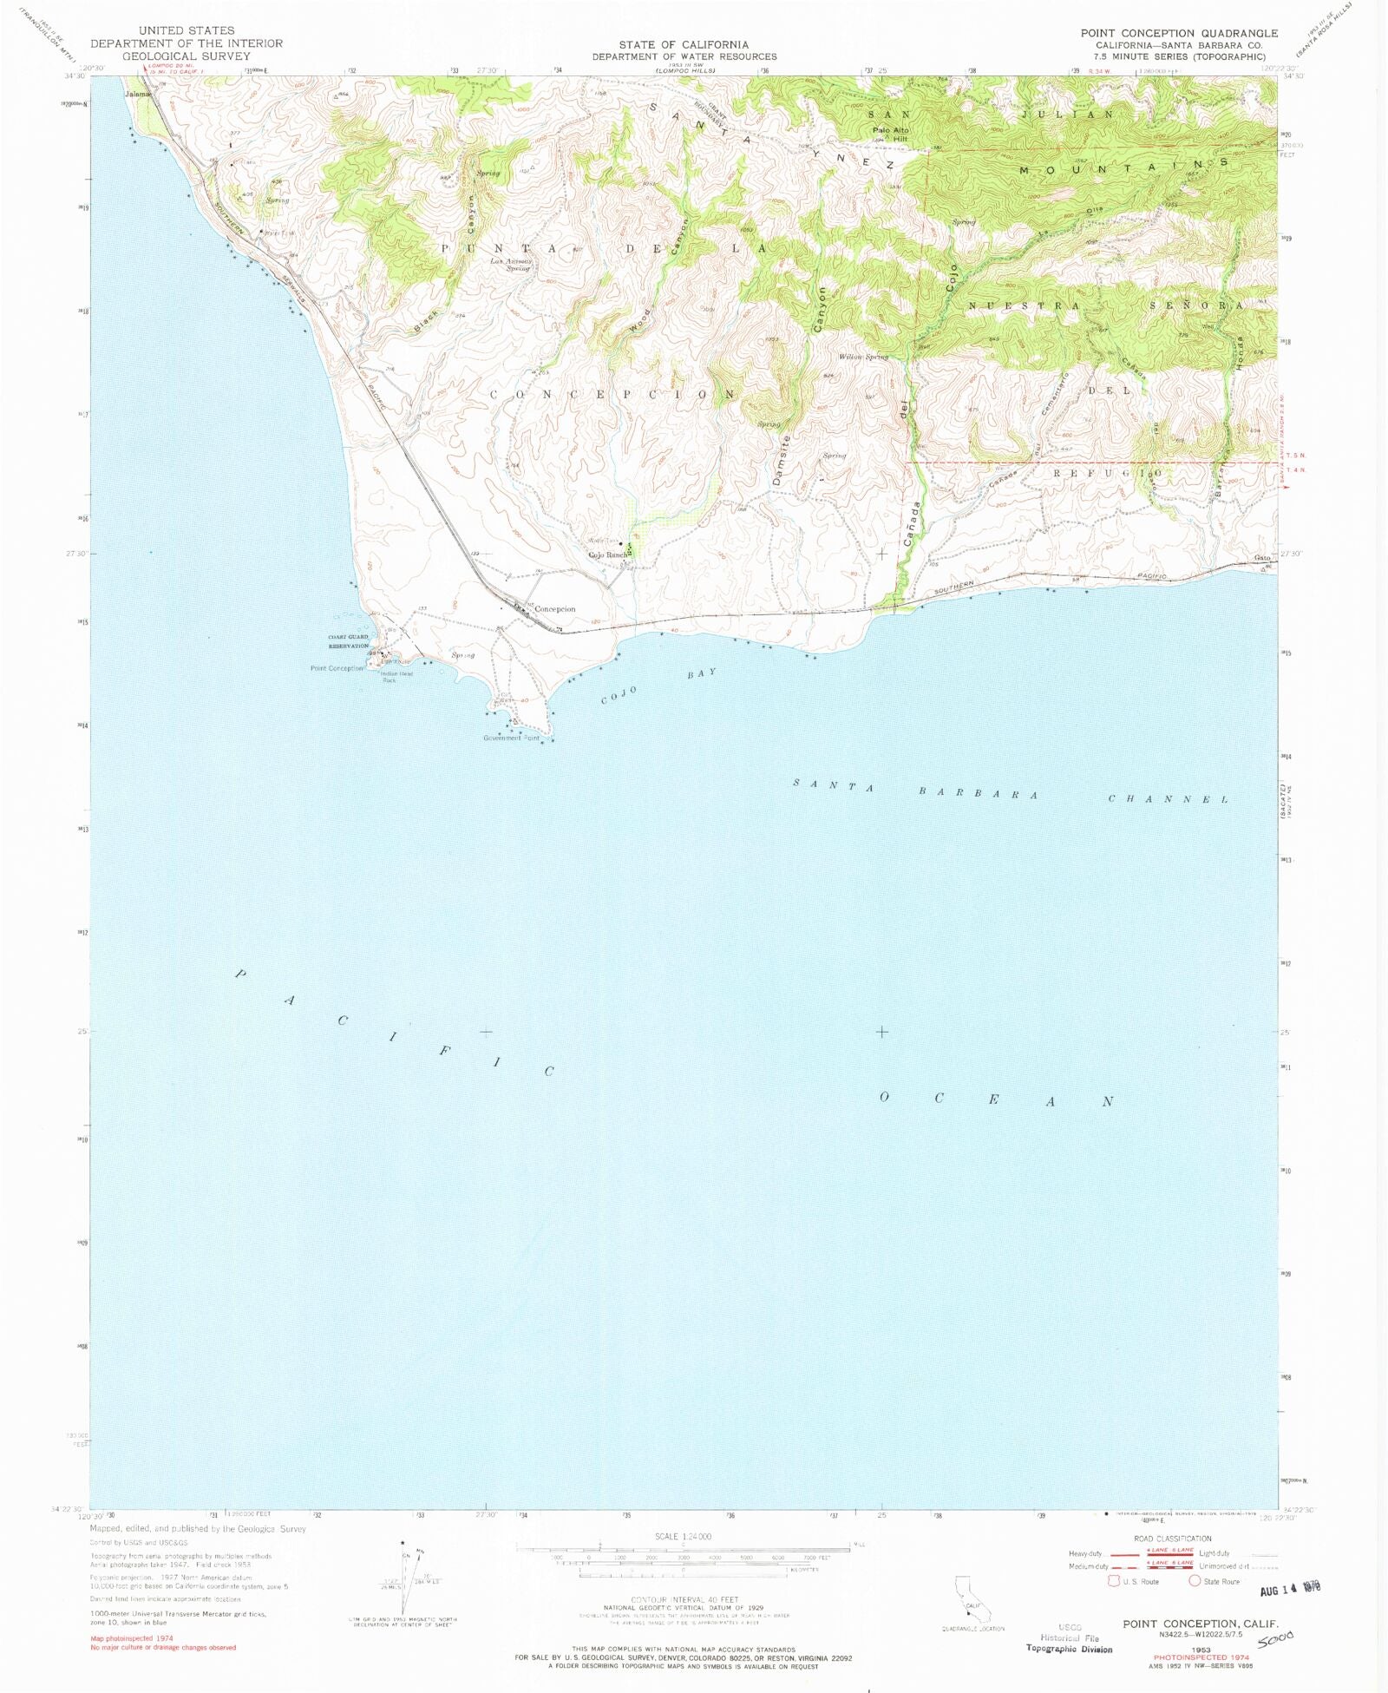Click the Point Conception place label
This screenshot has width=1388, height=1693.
click(337, 668)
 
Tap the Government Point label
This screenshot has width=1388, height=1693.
click(511, 738)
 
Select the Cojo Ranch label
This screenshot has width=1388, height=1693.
click(608, 555)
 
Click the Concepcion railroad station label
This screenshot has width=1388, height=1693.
click(554, 609)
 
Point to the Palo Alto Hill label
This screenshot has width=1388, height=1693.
click(890, 135)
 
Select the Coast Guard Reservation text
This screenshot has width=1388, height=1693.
click(348, 641)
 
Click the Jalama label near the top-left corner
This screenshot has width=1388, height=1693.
click(137, 94)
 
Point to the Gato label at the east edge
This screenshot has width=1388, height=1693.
click(1261, 558)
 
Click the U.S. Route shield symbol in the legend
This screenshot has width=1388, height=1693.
click(1113, 1581)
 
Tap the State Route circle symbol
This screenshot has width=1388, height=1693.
click(1194, 1581)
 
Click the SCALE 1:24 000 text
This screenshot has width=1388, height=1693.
click(683, 1537)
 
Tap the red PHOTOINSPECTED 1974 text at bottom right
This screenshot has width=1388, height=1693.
click(1201, 1657)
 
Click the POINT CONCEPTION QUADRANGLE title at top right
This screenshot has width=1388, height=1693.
click(1179, 33)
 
